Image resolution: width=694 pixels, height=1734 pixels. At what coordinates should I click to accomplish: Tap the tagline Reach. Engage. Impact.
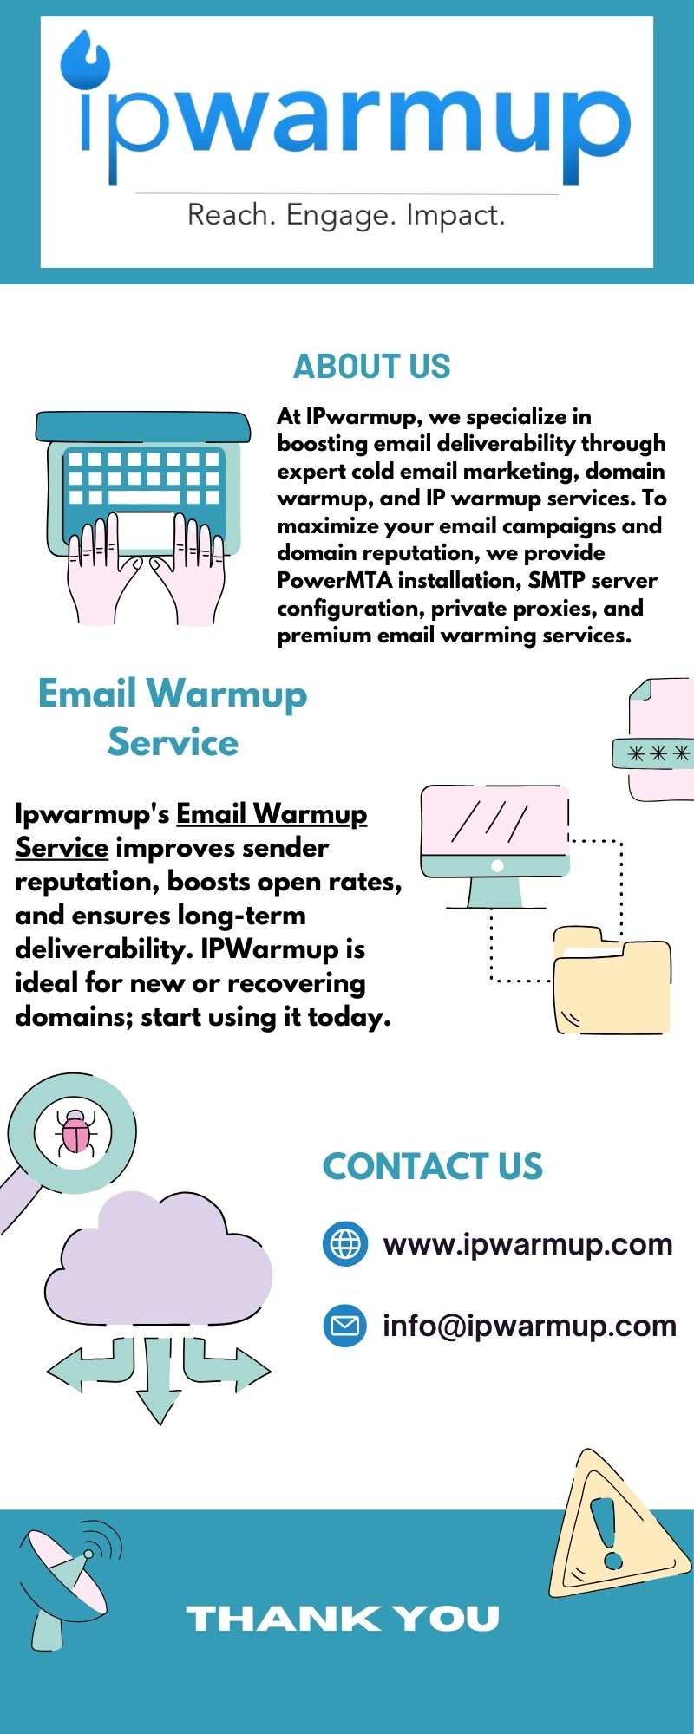[x=346, y=215]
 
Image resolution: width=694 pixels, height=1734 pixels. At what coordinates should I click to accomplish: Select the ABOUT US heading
[x=371, y=367]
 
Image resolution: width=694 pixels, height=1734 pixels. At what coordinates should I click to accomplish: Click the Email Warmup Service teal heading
[x=173, y=718]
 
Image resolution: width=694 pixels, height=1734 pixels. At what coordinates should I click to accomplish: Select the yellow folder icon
[x=612, y=984]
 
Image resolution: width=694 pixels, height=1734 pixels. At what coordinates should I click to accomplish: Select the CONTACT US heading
[x=432, y=1167]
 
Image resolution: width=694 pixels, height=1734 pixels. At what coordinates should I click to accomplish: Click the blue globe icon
[x=345, y=1244]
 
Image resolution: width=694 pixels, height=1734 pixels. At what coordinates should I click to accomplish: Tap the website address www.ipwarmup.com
[x=527, y=1245]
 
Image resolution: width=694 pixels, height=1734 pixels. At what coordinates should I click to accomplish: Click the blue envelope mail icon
[x=345, y=1326]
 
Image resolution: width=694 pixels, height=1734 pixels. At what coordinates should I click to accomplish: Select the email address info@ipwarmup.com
[x=529, y=1326]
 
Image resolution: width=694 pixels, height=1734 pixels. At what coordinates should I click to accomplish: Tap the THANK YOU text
[x=344, y=1619]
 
